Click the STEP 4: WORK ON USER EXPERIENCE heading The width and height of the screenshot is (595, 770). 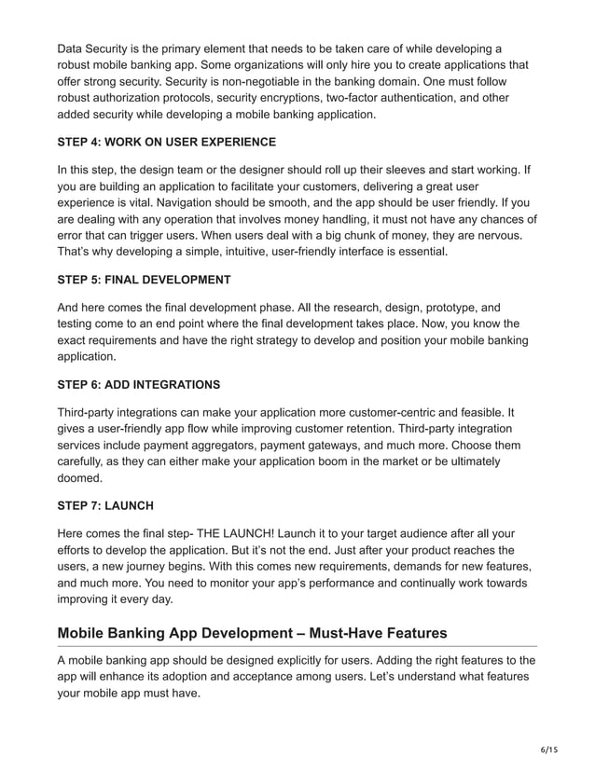166,142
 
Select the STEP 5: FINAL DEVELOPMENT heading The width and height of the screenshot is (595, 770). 144,279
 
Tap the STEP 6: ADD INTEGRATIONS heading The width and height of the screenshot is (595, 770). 139,384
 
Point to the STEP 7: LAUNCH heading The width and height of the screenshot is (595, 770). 105,506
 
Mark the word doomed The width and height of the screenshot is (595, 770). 82,478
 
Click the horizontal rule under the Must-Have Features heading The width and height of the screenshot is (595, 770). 297,646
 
